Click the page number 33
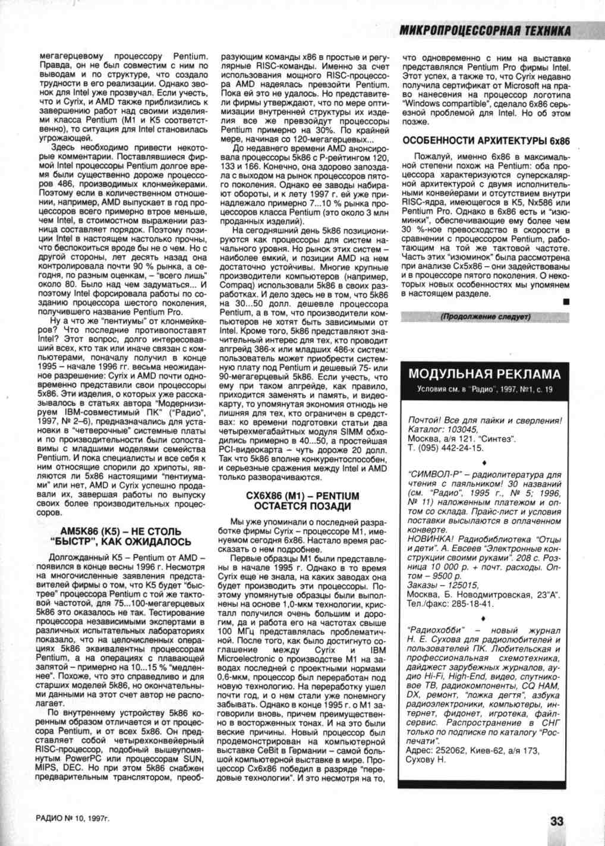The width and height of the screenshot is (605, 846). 556,821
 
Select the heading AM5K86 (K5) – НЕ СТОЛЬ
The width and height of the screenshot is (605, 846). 121,531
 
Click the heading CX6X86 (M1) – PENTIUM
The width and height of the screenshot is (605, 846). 303,496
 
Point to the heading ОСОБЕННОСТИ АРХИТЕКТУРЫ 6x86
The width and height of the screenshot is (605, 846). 486,141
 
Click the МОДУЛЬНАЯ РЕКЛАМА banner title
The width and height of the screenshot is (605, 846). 484,374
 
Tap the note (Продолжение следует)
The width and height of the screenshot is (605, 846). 485,317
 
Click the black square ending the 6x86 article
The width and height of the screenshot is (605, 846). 566,303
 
